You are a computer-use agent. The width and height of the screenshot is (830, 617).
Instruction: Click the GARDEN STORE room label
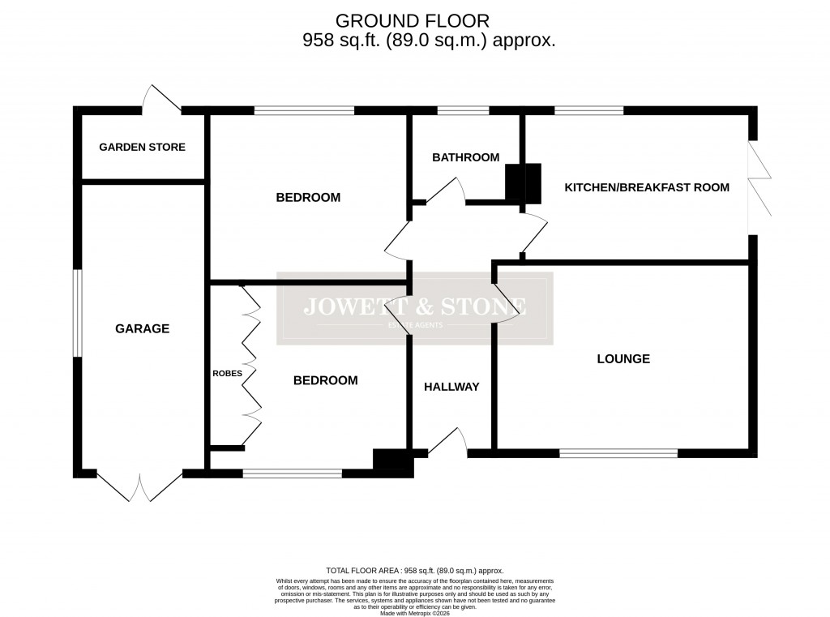click(x=142, y=148)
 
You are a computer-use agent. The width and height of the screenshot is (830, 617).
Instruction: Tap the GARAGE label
click(x=142, y=328)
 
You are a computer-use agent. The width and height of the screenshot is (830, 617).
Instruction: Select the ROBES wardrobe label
click(x=227, y=374)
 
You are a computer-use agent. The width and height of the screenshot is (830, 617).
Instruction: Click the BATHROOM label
click(x=465, y=157)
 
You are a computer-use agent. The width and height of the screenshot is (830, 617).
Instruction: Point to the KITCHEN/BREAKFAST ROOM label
click(x=647, y=187)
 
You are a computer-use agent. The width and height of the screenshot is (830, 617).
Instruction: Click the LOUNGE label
click(x=623, y=358)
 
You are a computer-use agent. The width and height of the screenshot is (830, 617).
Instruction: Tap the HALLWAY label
click(x=451, y=387)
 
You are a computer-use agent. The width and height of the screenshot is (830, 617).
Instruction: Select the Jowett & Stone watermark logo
click(x=415, y=308)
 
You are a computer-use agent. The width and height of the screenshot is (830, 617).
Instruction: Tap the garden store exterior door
click(x=161, y=99)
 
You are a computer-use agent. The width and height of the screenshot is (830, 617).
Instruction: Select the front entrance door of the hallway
click(x=448, y=443)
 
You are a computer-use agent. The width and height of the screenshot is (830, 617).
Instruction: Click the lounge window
click(x=618, y=453)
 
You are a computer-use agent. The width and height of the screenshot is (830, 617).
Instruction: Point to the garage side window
click(x=76, y=313)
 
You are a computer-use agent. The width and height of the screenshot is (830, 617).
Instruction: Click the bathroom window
click(x=464, y=110)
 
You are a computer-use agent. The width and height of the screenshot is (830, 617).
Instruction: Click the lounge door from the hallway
click(x=504, y=304)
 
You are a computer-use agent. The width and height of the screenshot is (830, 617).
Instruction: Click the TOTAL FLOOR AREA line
click(x=414, y=571)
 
